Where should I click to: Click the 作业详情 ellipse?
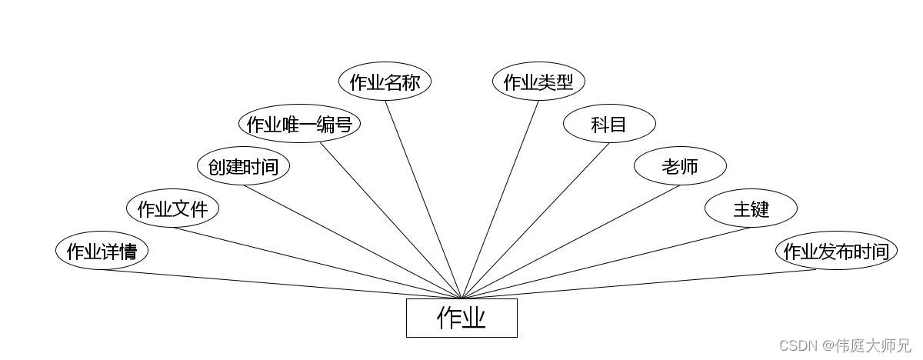[x=102, y=252]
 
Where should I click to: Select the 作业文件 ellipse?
[x=172, y=208]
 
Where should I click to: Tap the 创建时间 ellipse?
[x=243, y=166]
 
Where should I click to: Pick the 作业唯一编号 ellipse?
[x=299, y=124]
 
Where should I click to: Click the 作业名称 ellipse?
[x=385, y=82]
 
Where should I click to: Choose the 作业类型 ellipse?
[x=538, y=82]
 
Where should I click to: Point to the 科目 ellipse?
[x=609, y=124]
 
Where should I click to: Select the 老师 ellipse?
[x=680, y=166]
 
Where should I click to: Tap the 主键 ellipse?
[x=751, y=208]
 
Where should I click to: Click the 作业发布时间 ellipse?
[x=836, y=252]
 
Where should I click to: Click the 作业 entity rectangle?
[x=461, y=318]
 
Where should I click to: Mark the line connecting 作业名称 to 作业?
[x=423, y=199]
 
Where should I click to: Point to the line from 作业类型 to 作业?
[x=500, y=199]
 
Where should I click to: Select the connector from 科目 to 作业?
[x=535, y=220]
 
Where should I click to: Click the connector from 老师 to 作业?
[x=571, y=242]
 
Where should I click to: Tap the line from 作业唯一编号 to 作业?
[x=391, y=220]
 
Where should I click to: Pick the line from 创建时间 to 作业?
[x=352, y=242]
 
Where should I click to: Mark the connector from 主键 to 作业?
[x=606, y=262]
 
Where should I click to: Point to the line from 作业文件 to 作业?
[x=317, y=262]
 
